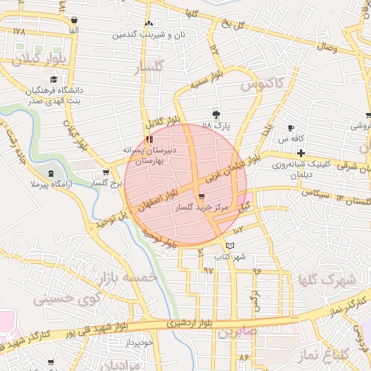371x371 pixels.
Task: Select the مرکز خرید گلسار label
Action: click(201, 207)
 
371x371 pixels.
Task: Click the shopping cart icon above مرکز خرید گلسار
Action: click(201, 196)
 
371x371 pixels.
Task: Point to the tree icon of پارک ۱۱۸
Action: click(215, 114)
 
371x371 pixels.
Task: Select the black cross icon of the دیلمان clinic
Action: click(301, 153)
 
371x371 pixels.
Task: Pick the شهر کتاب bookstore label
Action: click(230, 257)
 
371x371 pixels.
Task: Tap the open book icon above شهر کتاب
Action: click(230, 246)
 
